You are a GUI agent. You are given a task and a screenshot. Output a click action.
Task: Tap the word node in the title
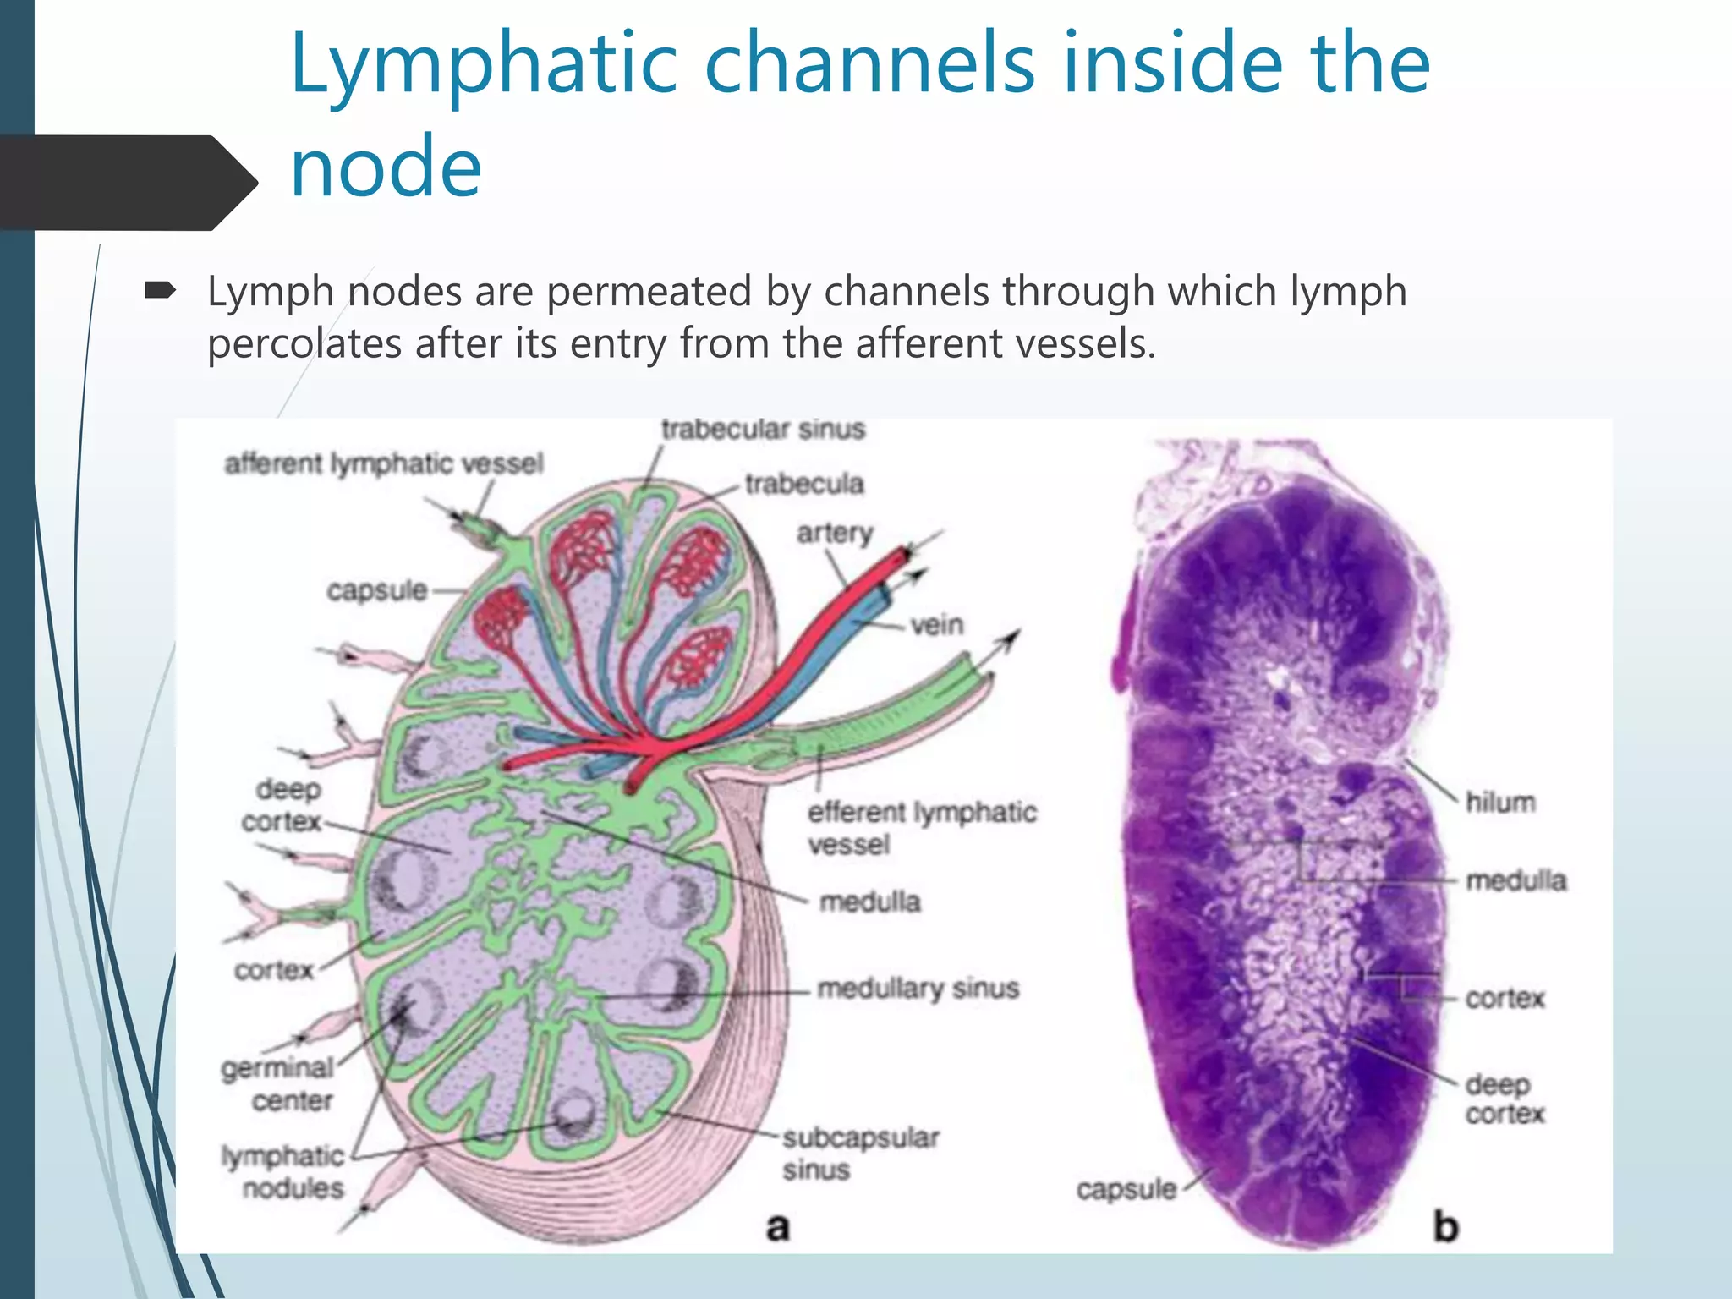[386, 167]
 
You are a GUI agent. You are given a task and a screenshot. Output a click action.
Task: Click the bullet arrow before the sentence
[160, 292]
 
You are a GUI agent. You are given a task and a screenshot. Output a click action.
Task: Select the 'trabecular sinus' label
[763, 430]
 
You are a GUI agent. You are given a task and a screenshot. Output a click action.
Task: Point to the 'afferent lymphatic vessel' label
[383, 464]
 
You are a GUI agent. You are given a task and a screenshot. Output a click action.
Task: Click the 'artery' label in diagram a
[835, 534]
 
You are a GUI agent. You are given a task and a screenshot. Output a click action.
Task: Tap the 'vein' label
[937, 625]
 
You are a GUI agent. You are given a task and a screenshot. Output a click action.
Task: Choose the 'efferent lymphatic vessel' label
[921, 828]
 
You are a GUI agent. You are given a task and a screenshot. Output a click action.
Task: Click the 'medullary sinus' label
[918, 988]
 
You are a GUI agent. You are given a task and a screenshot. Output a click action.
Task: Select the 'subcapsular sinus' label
[860, 1154]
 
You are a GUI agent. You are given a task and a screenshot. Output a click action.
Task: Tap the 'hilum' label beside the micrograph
[1500, 802]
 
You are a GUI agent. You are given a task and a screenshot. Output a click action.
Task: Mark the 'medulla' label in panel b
[1515, 880]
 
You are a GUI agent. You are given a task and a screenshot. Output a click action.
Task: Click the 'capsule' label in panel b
[1126, 1190]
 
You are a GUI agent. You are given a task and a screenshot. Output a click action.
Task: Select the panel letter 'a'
[777, 1226]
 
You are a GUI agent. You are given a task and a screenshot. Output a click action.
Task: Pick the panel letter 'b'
[1445, 1226]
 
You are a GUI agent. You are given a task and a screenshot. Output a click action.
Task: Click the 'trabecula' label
[803, 484]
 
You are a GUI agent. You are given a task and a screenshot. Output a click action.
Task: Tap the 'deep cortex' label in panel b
[1505, 1099]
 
